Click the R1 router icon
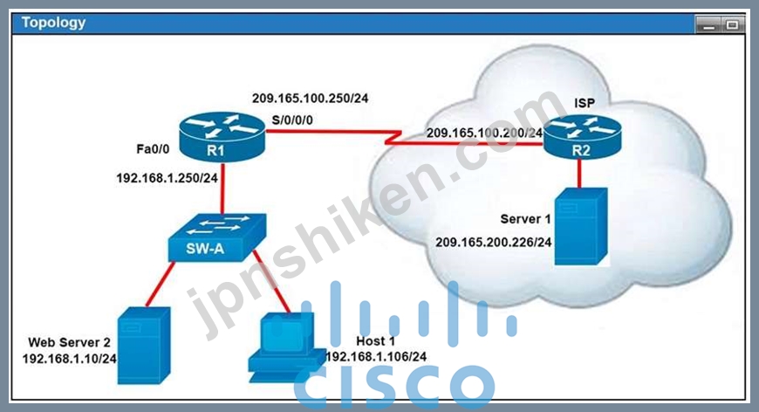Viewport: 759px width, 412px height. [x=222, y=137]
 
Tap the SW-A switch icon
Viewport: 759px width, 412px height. [x=217, y=237]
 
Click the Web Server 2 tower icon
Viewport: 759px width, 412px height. [x=144, y=346]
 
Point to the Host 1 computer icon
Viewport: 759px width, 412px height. [x=287, y=347]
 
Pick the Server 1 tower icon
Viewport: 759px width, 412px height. [x=581, y=226]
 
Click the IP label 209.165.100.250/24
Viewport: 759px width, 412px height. [x=311, y=99]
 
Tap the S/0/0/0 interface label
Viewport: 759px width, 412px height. [x=292, y=120]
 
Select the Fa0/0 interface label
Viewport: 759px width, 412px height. [x=153, y=149]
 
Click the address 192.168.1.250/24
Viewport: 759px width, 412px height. [x=167, y=178]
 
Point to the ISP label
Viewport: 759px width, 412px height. [x=585, y=103]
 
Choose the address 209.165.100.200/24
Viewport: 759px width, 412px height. [x=484, y=133]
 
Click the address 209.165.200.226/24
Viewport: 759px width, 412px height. [x=494, y=242]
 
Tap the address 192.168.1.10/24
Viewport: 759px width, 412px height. [x=69, y=359]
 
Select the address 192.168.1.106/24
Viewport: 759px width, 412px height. [x=377, y=357]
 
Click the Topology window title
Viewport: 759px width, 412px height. [x=53, y=23]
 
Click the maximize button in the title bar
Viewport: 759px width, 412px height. [x=732, y=24]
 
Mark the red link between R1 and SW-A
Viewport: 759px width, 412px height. [x=222, y=188]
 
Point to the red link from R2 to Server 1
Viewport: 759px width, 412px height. [x=579, y=174]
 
